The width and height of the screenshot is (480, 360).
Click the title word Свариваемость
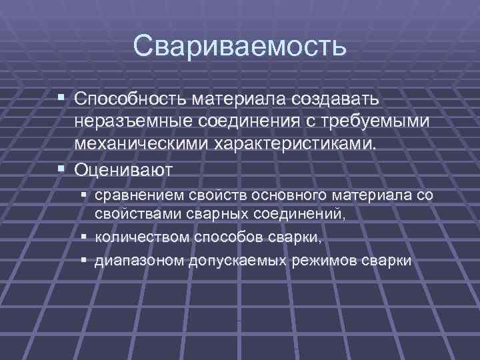[239, 46]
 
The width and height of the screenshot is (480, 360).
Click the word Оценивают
[124, 169]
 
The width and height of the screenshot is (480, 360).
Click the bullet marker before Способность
[62, 99]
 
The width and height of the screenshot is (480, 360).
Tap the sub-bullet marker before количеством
[83, 237]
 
